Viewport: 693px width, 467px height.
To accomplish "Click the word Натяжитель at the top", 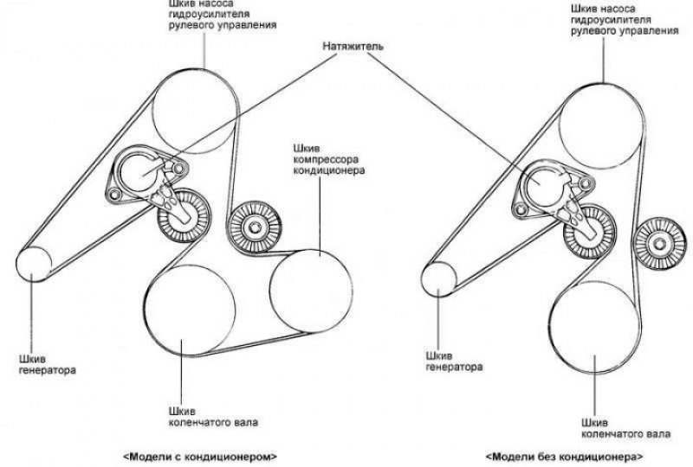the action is [x=353, y=46].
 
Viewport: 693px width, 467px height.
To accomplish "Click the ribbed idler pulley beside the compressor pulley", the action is [x=254, y=227].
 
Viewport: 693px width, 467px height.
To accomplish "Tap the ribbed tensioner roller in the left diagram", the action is [x=184, y=216].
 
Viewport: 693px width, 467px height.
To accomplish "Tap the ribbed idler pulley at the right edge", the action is [x=660, y=243].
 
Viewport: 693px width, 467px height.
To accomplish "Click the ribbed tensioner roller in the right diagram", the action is [x=590, y=232].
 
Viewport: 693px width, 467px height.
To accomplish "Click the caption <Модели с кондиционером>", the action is [x=200, y=457].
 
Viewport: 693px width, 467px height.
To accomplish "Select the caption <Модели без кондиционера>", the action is [x=565, y=457].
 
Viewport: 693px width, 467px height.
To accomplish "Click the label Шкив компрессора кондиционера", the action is [x=329, y=159].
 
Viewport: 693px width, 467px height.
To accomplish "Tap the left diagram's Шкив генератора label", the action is [x=48, y=365].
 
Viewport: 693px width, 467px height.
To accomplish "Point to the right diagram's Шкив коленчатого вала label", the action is [x=625, y=428].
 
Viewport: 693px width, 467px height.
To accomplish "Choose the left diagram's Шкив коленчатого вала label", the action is [x=213, y=417].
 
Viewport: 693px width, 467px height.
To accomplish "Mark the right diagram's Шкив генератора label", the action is [x=454, y=361].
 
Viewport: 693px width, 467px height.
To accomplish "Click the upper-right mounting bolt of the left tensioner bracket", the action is [x=178, y=169].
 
